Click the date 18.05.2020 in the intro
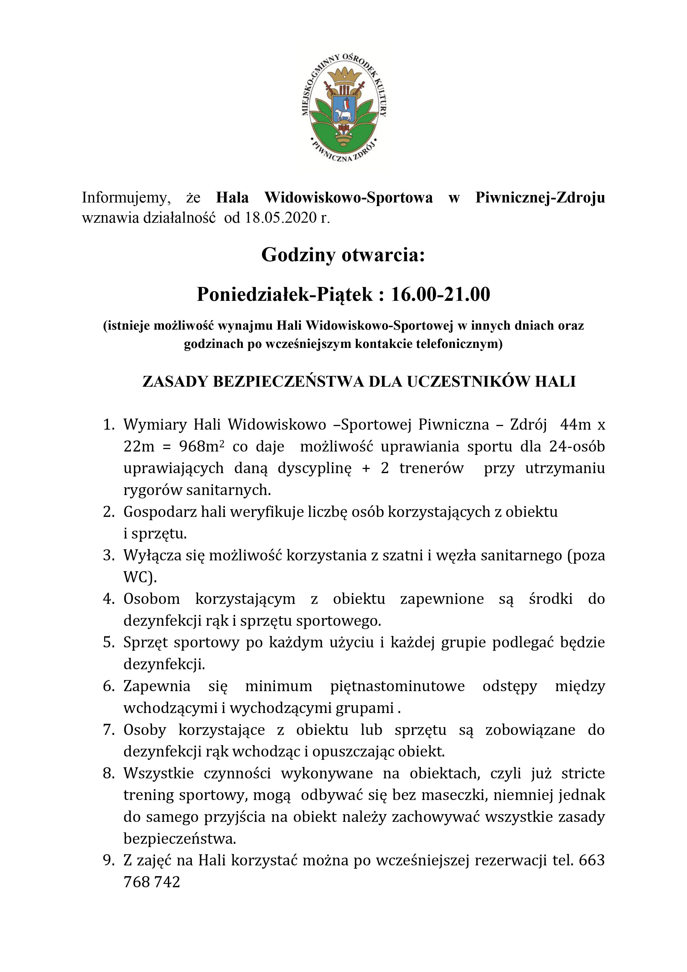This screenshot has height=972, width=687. pyautogui.click(x=281, y=218)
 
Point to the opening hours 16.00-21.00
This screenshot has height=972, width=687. pyautogui.click(x=440, y=294)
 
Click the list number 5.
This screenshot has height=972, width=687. pyautogui.click(x=109, y=642)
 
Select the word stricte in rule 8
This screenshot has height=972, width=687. pyautogui.click(x=583, y=773)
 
